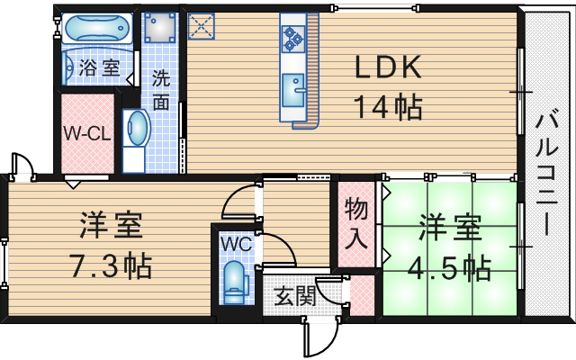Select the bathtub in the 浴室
(x=98, y=31)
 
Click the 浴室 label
(x=99, y=67)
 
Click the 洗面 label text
(x=160, y=90)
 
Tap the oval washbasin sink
(x=137, y=129)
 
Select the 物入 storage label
(x=357, y=224)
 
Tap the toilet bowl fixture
(x=235, y=280)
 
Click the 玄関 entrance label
(x=290, y=296)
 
